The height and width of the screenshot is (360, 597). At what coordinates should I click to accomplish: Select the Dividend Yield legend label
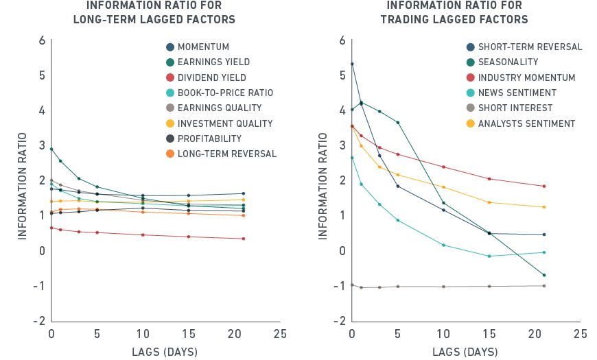click(x=211, y=78)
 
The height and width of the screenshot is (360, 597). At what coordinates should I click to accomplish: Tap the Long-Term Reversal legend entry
click(x=226, y=154)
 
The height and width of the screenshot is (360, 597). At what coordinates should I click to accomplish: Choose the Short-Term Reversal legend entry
click(x=530, y=47)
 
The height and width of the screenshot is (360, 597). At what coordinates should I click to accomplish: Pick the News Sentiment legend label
click(x=517, y=93)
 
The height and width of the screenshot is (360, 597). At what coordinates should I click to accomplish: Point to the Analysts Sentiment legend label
click(x=526, y=123)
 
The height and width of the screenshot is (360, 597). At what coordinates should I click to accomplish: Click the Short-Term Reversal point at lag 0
click(x=352, y=64)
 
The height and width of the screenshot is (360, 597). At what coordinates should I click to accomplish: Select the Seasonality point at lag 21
click(x=544, y=275)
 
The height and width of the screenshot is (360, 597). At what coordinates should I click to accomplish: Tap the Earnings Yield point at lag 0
click(x=51, y=149)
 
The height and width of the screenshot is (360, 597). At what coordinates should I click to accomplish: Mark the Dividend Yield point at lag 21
click(x=244, y=239)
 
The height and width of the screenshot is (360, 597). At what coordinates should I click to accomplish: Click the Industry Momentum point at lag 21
click(x=544, y=186)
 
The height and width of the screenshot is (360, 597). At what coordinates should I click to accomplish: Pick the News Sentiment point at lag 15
click(x=489, y=256)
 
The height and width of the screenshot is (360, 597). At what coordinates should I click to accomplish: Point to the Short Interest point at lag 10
click(x=443, y=286)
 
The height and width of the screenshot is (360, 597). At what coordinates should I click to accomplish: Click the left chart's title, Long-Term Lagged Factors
click(x=154, y=13)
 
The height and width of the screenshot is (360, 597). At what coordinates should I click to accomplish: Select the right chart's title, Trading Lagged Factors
click(x=454, y=13)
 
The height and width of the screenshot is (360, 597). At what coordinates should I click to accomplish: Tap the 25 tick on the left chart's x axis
click(x=280, y=335)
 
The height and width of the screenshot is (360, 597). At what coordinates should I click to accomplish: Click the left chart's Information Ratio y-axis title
click(x=21, y=180)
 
